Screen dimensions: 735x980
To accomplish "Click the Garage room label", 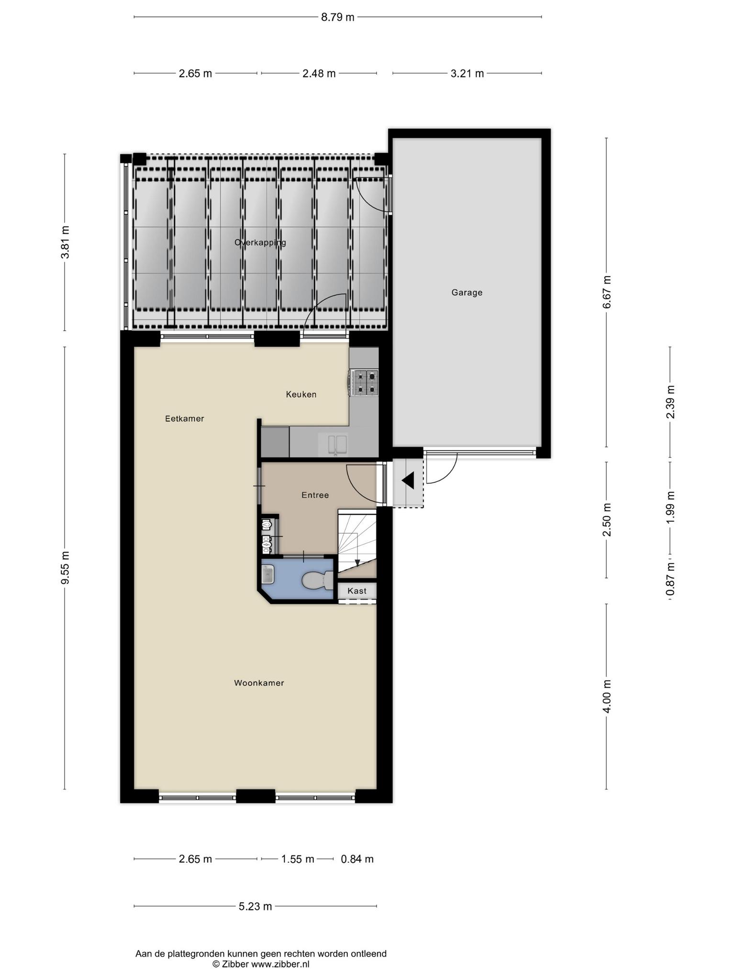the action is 467,292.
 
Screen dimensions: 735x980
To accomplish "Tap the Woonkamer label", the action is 259,683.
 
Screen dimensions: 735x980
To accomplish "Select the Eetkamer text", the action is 185,419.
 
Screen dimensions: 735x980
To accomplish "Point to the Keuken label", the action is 301,394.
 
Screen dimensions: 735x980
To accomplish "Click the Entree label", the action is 315,495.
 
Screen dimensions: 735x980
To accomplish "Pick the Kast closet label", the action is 357,591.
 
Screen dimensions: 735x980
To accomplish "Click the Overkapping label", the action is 260,243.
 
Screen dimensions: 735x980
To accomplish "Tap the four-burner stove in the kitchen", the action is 365,383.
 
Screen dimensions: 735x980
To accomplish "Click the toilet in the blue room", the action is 317,580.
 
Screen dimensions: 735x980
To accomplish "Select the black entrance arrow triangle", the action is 408,480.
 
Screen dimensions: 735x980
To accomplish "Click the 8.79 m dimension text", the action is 337,17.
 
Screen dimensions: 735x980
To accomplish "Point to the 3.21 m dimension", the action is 467,73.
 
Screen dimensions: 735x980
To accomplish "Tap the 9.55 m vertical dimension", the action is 65,568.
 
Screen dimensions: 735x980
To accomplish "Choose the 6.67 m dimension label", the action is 607,292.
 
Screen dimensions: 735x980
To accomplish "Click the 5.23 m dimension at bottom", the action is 255,906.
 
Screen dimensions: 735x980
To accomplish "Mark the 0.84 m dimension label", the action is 357,859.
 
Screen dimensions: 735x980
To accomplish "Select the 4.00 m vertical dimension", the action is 607,696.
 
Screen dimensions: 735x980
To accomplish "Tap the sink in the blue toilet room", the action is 268,574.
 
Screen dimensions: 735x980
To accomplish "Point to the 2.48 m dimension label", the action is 319,73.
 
